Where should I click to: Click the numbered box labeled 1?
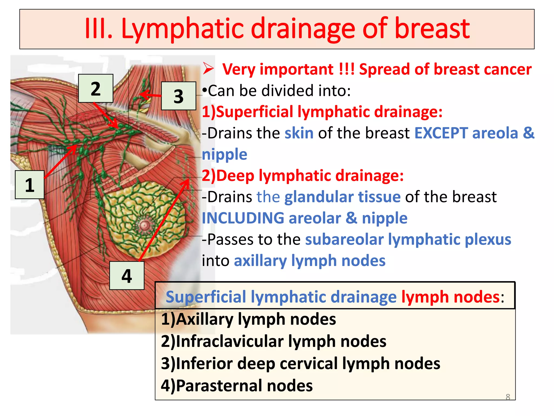pyautogui.click(x=29, y=185)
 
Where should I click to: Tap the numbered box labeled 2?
pyautogui.click(x=95, y=88)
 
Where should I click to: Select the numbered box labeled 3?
pyautogui.click(x=179, y=96)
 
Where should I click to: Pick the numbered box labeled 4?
pyautogui.click(x=127, y=275)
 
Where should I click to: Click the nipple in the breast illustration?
pyautogui.click(x=144, y=225)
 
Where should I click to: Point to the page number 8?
pyautogui.click(x=508, y=397)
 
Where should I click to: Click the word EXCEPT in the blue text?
pyautogui.click(x=441, y=133)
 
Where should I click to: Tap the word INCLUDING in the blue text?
pyautogui.click(x=242, y=218)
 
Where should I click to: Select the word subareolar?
pyautogui.click(x=344, y=239)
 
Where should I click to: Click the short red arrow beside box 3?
pyautogui.click(x=150, y=95)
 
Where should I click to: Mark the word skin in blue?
pyautogui.click(x=299, y=133)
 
